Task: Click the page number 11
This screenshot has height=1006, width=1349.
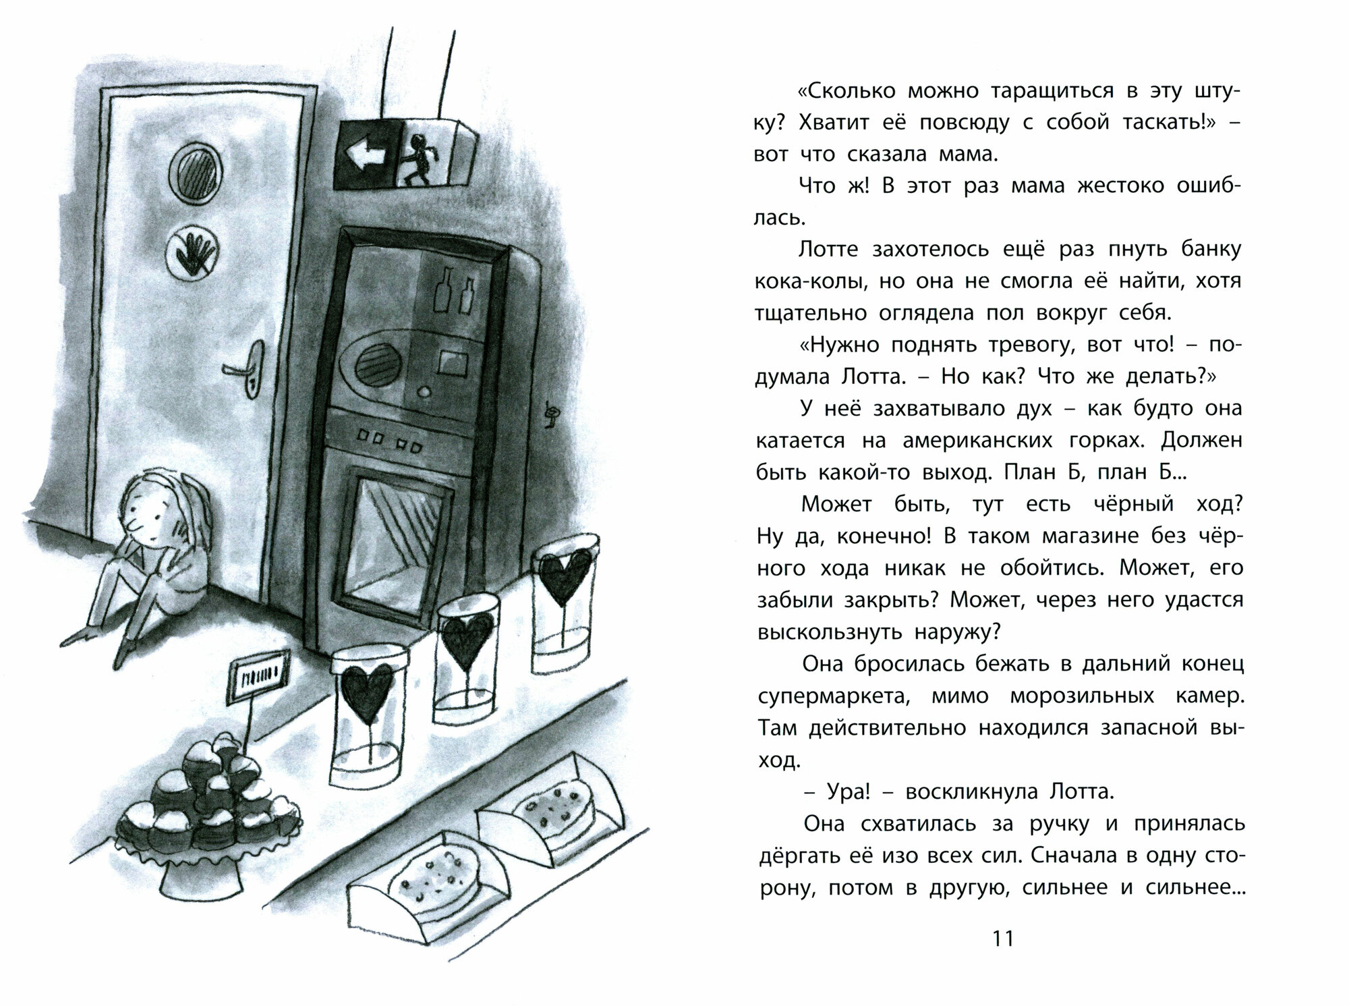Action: click(x=1004, y=938)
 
